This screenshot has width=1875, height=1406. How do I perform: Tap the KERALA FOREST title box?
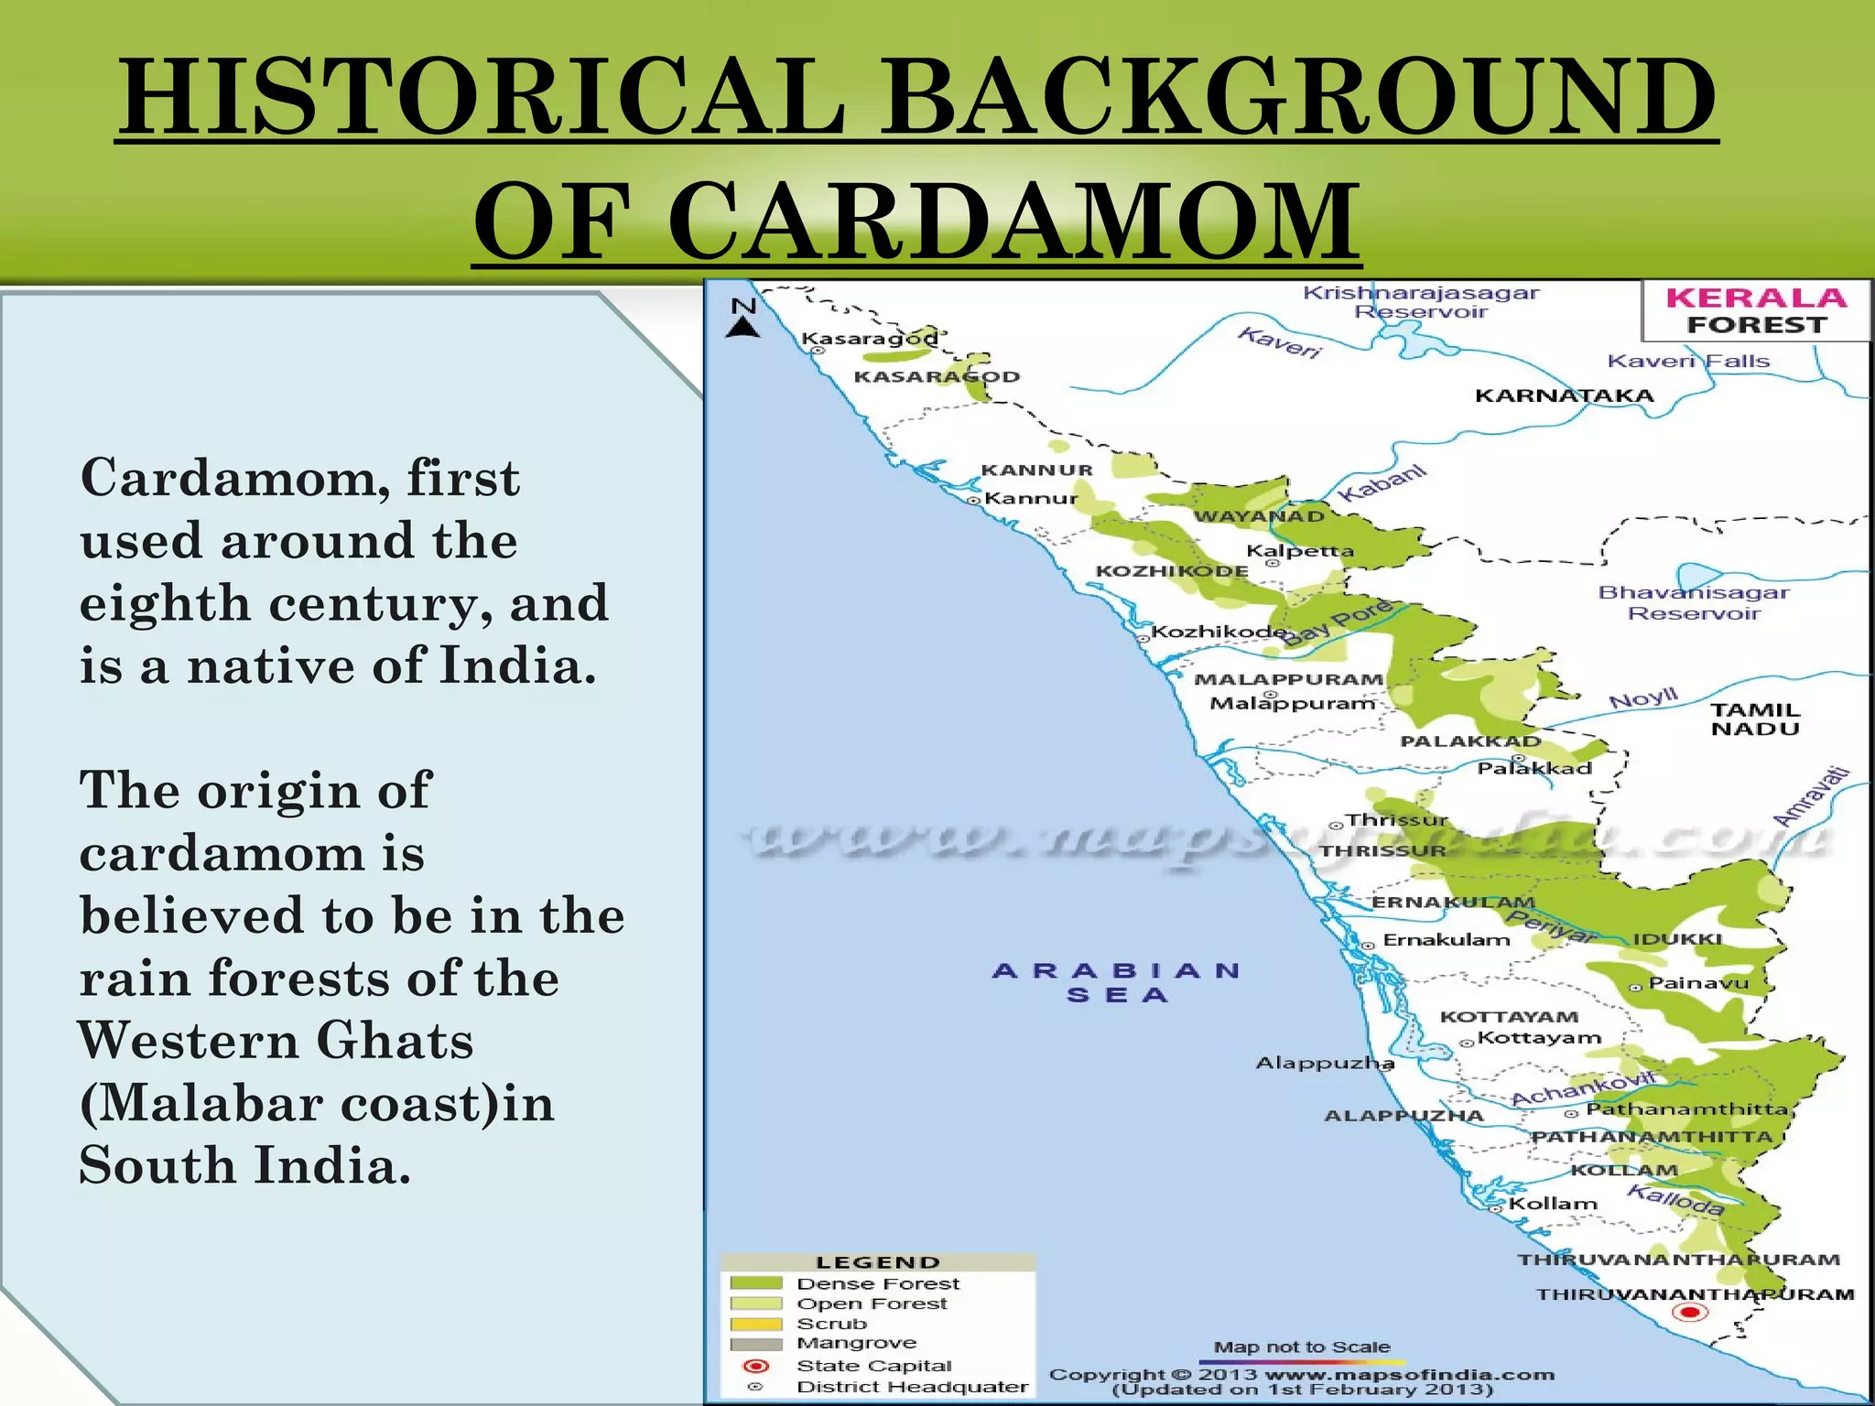tap(1755, 311)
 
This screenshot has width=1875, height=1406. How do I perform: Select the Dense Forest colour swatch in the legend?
tap(755, 1283)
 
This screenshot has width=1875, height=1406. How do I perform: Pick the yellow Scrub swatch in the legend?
tap(755, 1324)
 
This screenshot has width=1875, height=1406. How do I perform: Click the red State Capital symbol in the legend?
tap(756, 1366)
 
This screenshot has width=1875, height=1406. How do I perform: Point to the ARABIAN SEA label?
tap(1117, 982)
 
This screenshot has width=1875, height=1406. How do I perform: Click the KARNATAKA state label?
tap(1565, 395)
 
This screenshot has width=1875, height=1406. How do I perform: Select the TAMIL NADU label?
tap(1755, 719)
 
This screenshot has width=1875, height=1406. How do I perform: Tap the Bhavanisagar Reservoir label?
tap(1694, 602)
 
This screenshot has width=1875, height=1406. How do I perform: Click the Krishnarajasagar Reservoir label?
tap(1421, 302)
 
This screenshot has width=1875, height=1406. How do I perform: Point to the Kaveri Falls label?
tap(1688, 361)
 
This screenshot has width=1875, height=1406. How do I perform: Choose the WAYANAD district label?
tap(1260, 516)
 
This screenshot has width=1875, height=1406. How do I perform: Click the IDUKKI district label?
tap(1678, 939)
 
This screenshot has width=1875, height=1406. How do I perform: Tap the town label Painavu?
tap(1698, 983)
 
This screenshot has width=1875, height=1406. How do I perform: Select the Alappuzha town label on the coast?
tap(1325, 1063)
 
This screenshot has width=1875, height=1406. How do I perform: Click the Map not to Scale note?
tap(1302, 1347)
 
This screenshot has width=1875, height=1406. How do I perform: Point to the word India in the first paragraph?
tap(518, 665)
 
